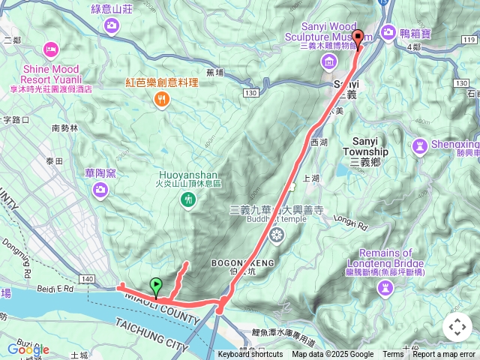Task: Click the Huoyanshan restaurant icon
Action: (187, 199)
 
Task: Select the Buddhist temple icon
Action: (277, 235)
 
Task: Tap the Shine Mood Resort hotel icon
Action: (50, 49)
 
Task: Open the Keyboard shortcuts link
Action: (250, 355)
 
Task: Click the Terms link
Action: (393, 355)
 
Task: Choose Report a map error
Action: (445, 355)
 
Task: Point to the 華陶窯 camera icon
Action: (100, 192)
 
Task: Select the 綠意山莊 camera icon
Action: (112, 27)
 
